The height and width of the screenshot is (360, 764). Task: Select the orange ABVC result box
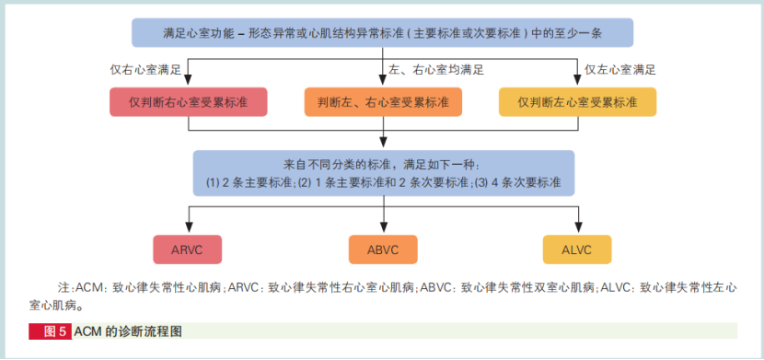382,249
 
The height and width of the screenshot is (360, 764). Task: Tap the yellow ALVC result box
577,249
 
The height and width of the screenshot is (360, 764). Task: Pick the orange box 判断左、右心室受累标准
382,101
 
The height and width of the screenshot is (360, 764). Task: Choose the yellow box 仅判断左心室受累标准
577,101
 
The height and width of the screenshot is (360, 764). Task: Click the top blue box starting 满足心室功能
382,32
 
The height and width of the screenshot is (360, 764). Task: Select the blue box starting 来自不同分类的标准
382,172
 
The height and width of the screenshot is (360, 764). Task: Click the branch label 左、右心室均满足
436,70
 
